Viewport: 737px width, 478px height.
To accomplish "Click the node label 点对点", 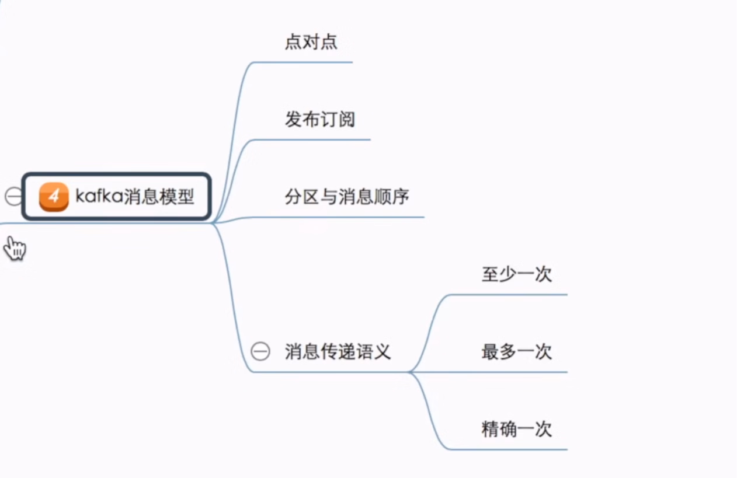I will coord(311,42).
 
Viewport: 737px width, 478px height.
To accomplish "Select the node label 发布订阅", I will coord(319,120).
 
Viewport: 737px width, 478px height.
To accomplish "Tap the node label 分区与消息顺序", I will coord(347,197).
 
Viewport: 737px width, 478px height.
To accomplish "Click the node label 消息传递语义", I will coord(338,351).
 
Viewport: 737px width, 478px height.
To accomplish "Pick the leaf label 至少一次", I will coord(516,274).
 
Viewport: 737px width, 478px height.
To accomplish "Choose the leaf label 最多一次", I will coord(516,352).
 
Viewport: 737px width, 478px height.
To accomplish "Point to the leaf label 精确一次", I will coord(516,430).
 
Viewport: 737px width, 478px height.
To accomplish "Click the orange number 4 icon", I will coord(54,197).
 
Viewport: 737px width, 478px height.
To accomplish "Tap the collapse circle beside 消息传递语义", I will coord(260,351).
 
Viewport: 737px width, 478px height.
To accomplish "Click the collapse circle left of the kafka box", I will coord(13,197).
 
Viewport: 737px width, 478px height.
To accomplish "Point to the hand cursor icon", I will coord(15,249).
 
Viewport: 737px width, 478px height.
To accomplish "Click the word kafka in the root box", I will coord(98,197).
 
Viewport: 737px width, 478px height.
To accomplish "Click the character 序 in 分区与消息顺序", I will coord(401,197).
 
